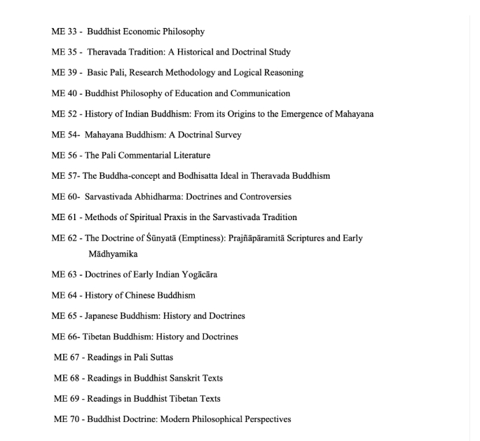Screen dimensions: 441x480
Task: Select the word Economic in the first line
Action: pos(148,32)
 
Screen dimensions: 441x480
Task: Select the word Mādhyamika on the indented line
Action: pos(113,254)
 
